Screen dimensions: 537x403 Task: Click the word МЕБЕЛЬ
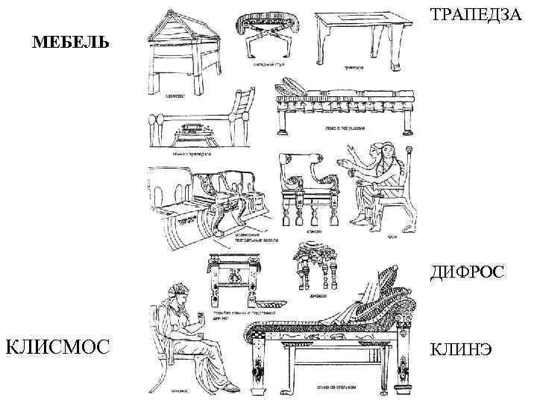pyautogui.click(x=70, y=42)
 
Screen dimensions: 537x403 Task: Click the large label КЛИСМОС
pyautogui.click(x=57, y=346)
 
